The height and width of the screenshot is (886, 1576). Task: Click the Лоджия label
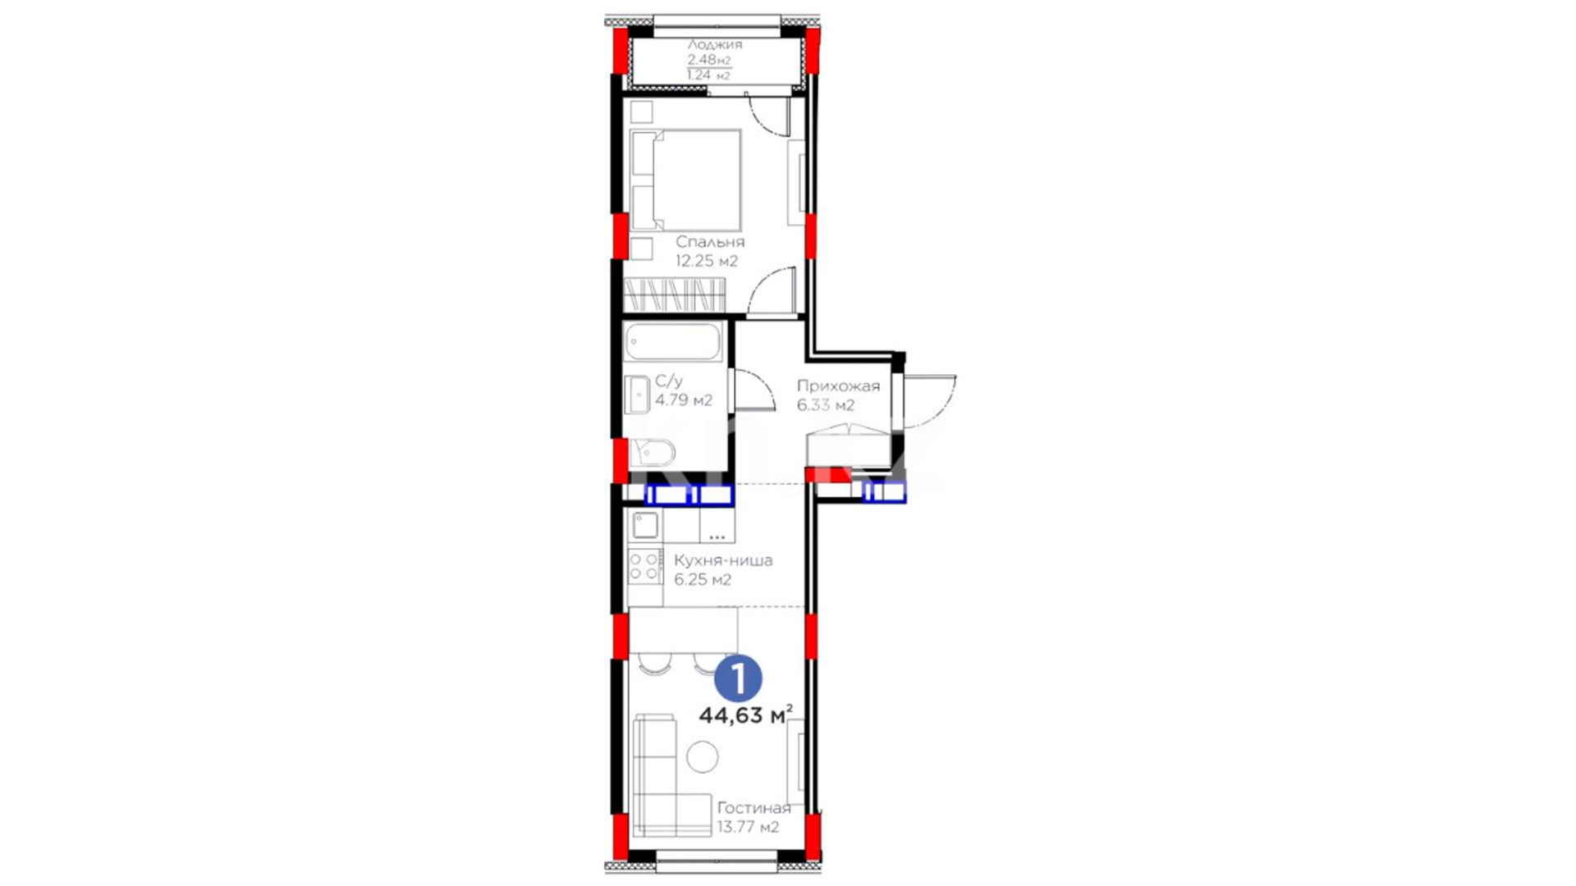(714, 44)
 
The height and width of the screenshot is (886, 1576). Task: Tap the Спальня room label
(710, 242)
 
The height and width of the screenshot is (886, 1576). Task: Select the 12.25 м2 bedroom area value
(707, 261)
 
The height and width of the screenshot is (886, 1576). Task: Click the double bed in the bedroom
(685, 180)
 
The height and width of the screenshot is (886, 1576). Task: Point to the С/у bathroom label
(669, 381)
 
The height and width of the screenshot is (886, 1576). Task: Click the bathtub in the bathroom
(673, 341)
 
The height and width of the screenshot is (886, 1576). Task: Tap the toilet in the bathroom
(653, 452)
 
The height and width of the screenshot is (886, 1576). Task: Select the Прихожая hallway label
(838, 386)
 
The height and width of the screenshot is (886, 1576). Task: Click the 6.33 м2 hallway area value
(826, 405)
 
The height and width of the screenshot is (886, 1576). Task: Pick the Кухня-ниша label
(723, 561)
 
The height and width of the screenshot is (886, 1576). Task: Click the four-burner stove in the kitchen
(645, 566)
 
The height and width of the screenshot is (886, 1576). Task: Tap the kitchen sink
(645, 525)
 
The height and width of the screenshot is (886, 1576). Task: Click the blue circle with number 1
(738, 678)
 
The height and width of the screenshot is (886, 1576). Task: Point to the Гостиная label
(754, 808)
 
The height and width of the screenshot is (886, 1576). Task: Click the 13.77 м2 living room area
(748, 827)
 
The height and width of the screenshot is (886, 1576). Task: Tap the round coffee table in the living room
(703, 756)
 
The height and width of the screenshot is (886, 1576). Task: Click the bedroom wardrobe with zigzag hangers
(675, 295)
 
